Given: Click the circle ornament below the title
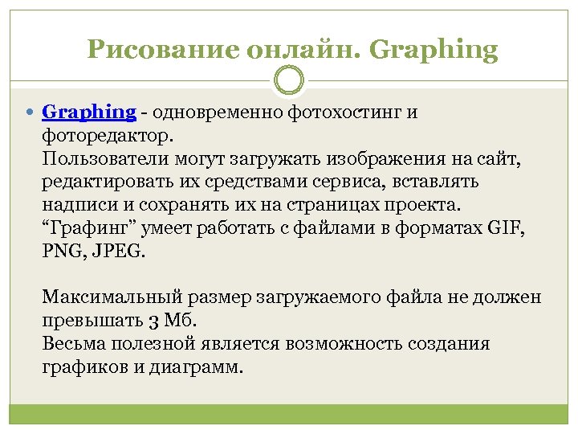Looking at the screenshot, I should [289, 80].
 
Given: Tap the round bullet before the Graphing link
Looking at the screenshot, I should [31, 112].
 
